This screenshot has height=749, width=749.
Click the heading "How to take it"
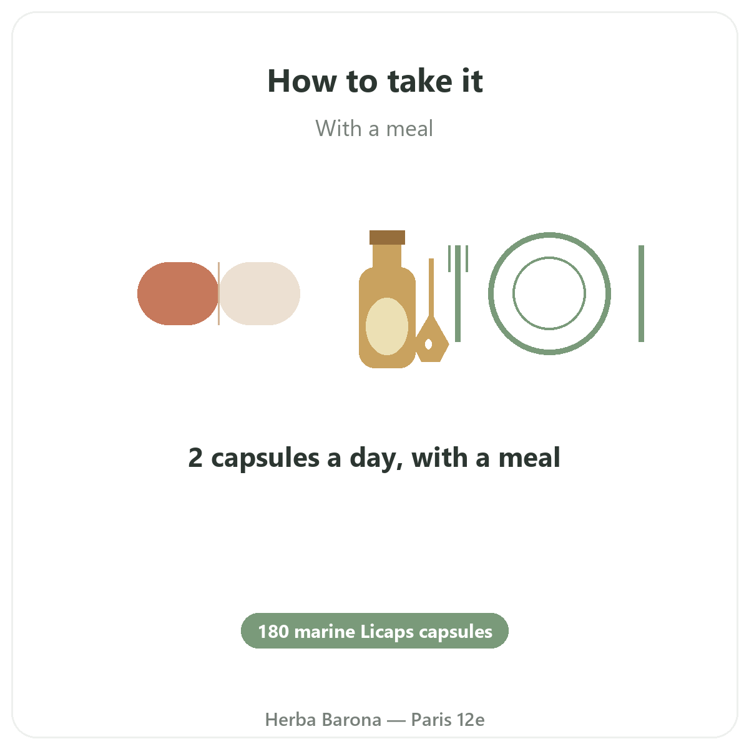374,81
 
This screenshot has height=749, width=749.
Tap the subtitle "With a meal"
374,129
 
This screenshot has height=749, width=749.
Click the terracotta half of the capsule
178,293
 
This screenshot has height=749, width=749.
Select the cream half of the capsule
260,293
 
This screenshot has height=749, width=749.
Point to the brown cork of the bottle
387,237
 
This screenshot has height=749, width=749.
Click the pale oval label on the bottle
387,326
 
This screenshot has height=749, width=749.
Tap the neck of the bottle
387,256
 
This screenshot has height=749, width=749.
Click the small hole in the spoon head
428,344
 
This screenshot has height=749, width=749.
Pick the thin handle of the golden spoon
431,288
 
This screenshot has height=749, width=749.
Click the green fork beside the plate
458,293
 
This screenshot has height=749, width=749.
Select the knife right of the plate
642,293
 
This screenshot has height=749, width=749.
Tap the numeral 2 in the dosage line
195,458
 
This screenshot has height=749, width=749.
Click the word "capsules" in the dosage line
265,459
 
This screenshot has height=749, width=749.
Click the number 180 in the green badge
273,632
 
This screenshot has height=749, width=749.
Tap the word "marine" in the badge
325,632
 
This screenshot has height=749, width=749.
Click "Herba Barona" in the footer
323,720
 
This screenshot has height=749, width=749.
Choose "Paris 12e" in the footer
448,720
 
